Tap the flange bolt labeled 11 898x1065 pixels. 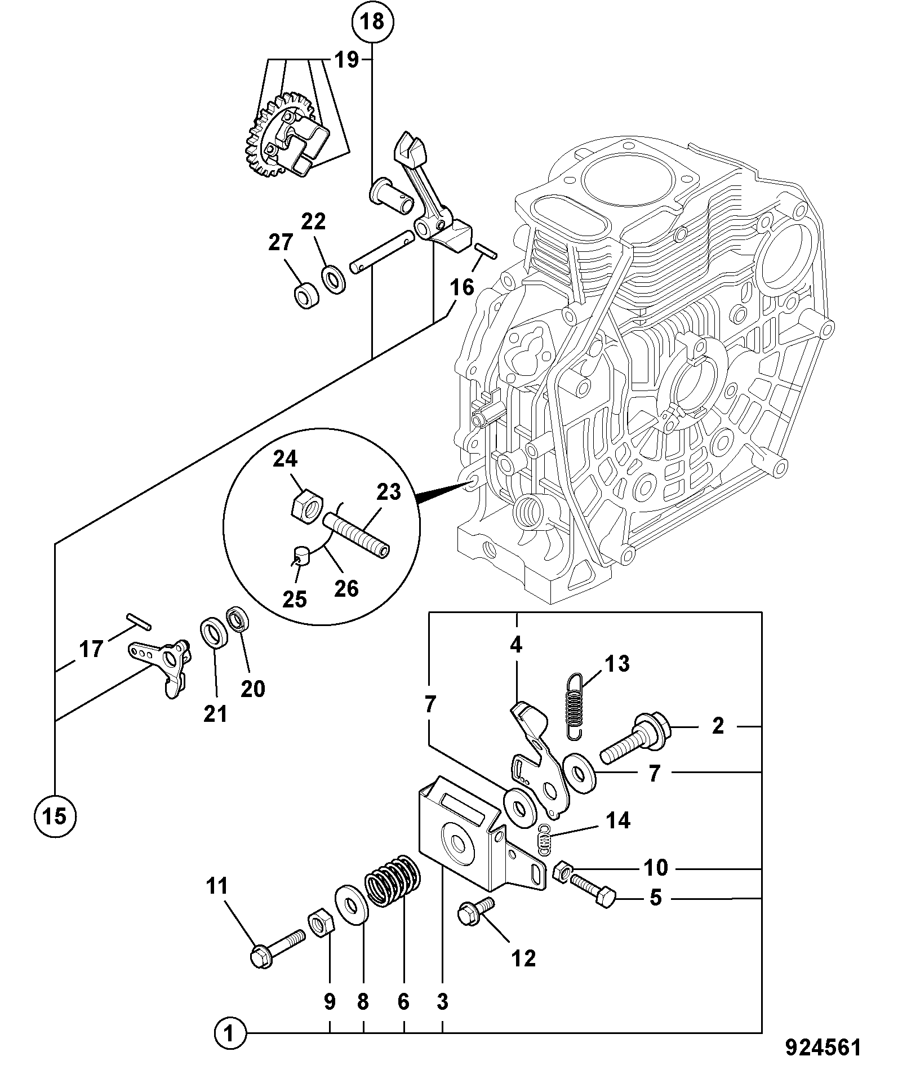pyautogui.click(x=277, y=948)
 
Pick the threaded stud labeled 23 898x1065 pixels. pyautogui.click(x=356, y=533)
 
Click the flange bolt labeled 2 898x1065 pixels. pyautogui.click(x=634, y=737)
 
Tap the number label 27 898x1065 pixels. pyautogui.click(x=281, y=243)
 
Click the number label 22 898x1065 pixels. pyautogui.click(x=313, y=221)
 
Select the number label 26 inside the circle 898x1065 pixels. pyautogui.click(x=346, y=588)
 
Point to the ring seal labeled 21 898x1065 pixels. pyautogui.click(x=214, y=634)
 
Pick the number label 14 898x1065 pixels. pyautogui.click(x=618, y=820)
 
